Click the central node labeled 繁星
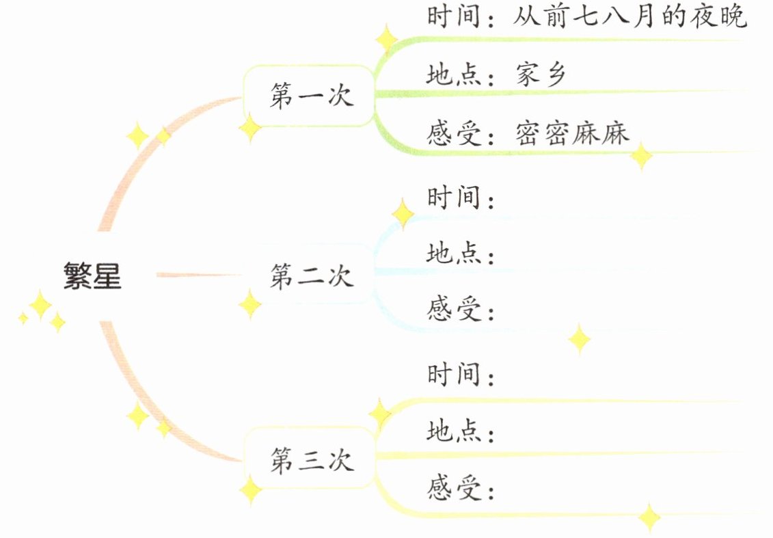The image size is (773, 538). (x=92, y=275)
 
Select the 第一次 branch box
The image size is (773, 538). (x=311, y=96)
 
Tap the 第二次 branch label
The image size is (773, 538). (x=311, y=276)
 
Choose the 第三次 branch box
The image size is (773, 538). (x=311, y=459)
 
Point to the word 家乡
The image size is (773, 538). (x=541, y=75)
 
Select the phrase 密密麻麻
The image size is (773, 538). (x=572, y=132)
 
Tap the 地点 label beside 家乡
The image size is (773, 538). (x=454, y=75)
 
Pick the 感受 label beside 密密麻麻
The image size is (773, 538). (x=454, y=132)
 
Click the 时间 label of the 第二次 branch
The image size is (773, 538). (x=454, y=198)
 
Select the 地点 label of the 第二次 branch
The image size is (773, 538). (x=454, y=254)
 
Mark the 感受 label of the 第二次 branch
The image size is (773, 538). (x=454, y=310)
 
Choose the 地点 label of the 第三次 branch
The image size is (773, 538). (x=454, y=431)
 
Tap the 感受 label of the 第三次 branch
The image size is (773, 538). (x=454, y=488)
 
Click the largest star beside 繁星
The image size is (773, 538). (x=40, y=305)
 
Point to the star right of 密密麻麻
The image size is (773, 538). (x=641, y=155)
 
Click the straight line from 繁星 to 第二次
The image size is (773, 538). (x=198, y=275)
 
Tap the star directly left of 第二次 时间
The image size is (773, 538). (x=402, y=214)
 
